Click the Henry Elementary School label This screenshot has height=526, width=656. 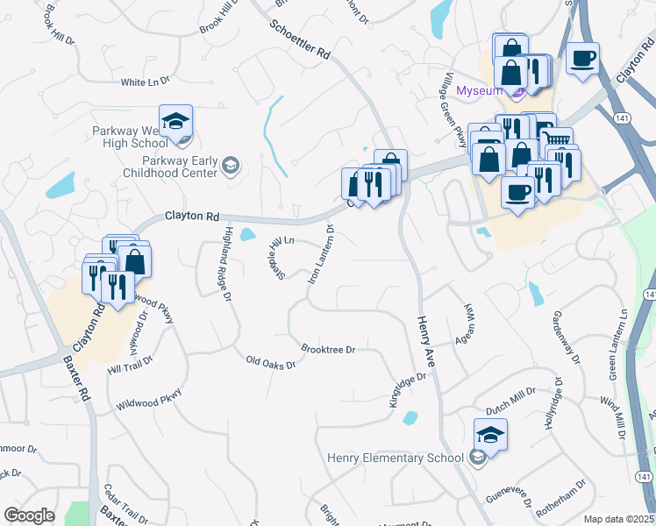click(x=395, y=458)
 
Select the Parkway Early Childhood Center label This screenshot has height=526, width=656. click(x=181, y=167)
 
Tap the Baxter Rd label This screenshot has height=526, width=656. click(x=77, y=379)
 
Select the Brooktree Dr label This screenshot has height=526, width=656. click(x=327, y=349)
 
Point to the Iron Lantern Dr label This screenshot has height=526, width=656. click(x=320, y=254)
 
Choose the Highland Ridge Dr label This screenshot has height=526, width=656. click(x=226, y=264)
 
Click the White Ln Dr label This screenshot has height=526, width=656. click(x=145, y=82)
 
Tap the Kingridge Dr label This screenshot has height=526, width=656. click(x=407, y=390)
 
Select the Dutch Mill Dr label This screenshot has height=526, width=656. click(x=510, y=400)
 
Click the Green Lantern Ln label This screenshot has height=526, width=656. click(x=617, y=343)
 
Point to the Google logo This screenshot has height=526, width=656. click(x=29, y=515)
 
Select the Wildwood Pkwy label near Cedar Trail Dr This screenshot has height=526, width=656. click(x=148, y=400)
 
